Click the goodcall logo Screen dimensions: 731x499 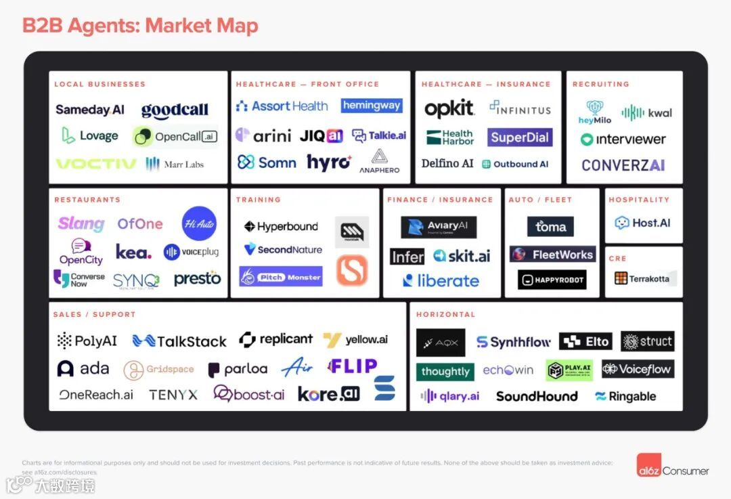point(175,110)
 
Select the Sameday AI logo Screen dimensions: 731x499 point(90,110)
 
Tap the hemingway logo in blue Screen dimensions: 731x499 point(372,106)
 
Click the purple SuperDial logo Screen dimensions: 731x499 point(520,137)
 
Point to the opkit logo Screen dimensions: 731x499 point(449,108)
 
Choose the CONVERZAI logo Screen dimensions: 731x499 point(623,165)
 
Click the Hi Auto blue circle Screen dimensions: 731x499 point(199,223)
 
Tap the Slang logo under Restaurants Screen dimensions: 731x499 point(81,223)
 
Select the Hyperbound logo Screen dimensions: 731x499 point(281,227)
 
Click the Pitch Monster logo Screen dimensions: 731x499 point(280,276)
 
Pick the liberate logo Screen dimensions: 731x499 point(441,280)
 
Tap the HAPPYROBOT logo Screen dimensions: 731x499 point(552,280)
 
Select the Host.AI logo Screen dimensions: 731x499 point(643,222)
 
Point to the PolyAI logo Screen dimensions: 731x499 point(87,341)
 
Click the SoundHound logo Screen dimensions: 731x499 point(537,396)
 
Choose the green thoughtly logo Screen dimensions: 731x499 point(445,372)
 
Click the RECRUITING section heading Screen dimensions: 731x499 point(600,84)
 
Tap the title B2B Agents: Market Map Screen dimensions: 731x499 point(140,26)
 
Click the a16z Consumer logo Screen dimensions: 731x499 point(673,470)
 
